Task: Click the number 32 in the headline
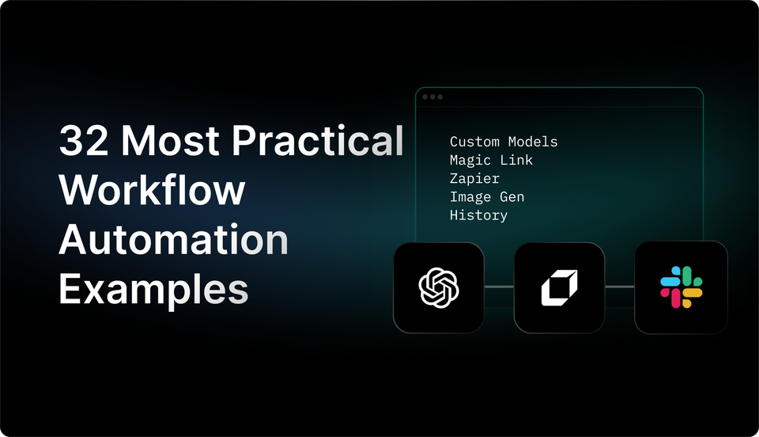click(x=84, y=142)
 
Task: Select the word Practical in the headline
click(x=317, y=142)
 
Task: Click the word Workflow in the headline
click(x=153, y=191)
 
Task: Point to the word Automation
click(x=174, y=240)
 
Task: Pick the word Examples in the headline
click(x=153, y=289)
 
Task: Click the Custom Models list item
click(x=504, y=142)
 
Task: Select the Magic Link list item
click(x=491, y=160)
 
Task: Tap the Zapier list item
click(x=474, y=178)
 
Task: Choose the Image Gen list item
click(x=487, y=196)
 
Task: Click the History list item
click(x=478, y=215)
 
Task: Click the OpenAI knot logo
click(x=439, y=287)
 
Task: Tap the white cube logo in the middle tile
click(x=559, y=287)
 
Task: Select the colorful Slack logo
click(x=681, y=287)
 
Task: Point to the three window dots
click(x=432, y=97)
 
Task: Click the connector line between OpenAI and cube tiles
click(x=499, y=287)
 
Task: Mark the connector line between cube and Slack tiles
click(x=620, y=287)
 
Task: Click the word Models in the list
click(x=533, y=142)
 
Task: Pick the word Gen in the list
click(x=512, y=196)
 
